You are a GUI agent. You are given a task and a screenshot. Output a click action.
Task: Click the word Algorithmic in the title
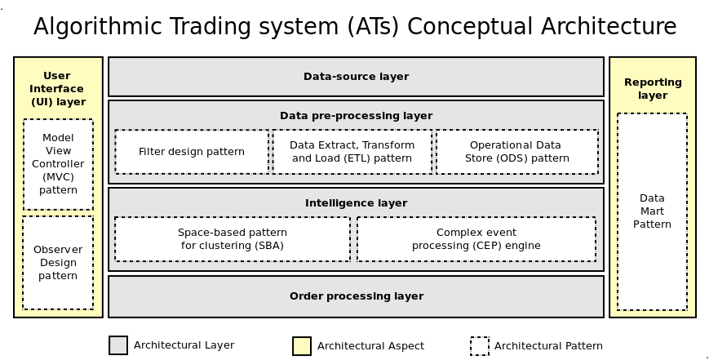pyautogui.click(x=97, y=27)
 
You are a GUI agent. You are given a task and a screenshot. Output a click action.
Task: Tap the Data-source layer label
pyautogui.click(x=357, y=77)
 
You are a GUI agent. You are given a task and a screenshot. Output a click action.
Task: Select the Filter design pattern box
pyautogui.click(x=192, y=152)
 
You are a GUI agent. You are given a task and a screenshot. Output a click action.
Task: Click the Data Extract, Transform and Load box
pyautogui.click(x=352, y=152)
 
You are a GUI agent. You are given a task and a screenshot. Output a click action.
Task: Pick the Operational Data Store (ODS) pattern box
pyautogui.click(x=517, y=152)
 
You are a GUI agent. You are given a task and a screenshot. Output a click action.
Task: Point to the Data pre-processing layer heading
pyautogui.click(x=357, y=116)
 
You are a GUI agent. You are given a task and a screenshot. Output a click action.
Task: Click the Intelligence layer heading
pyautogui.click(x=357, y=203)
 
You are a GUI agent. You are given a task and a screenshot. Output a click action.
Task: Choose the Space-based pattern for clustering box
pyautogui.click(x=233, y=239)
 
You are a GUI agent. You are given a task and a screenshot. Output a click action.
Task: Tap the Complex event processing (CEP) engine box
pyautogui.click(x=476, y=239)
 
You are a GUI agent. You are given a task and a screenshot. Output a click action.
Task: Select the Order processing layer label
pyautogui.click(x=357, y=296)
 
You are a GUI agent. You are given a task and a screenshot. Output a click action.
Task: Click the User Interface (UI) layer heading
pyautogui.click(x=58, y=89)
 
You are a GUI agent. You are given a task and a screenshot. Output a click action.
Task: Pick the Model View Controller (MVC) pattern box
pyautogui.click(x=58, y=164)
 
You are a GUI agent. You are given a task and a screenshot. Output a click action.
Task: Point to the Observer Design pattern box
pyautogui.click(x=58, y=263)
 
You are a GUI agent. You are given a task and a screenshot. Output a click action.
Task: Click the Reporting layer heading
pyautogui.click(x=653, y=89)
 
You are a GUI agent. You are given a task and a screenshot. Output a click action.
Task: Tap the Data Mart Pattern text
pyautogui.click(x=652, y=211)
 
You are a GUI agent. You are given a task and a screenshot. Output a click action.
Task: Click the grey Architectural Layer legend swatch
pyautogui.click(x=118, y=345)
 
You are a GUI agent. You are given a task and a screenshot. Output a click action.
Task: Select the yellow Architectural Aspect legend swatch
pyautogui.click(x=302, y=346)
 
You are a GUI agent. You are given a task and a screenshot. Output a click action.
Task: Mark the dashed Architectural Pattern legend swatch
pyautogui.click(x=479, y=346)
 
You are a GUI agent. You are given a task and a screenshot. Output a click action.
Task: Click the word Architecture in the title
pyautogui.click(x=609, y=27)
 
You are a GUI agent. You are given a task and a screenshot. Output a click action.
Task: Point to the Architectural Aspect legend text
pyautogui.click(x=370, y=346)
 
